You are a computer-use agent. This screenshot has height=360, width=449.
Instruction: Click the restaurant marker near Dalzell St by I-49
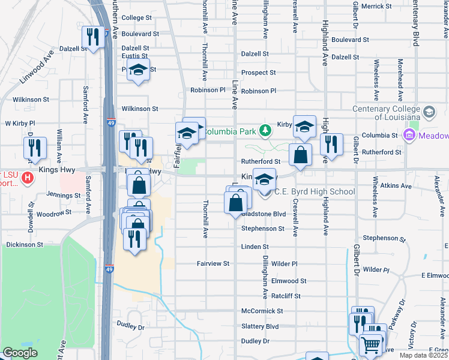click(92, 37)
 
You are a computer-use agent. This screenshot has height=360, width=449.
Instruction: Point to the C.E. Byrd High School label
click(315, 192)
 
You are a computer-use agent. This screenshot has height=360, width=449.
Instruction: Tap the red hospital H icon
click(27, 178)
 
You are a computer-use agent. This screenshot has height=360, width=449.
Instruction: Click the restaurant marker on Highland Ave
click(331, 145)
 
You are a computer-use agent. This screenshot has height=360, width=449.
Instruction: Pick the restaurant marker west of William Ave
click(35, 148)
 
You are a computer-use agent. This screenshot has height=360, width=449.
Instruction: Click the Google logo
click(20, 353)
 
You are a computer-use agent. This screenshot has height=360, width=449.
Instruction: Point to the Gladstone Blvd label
click(264, 214)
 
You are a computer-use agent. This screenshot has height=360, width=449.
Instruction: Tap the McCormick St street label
click(262, 311)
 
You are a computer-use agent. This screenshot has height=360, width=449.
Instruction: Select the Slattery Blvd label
click(260, 326)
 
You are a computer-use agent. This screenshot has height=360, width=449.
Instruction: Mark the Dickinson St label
click(25, 245)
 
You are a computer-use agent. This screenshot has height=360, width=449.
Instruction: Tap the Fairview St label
click(213, 263)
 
